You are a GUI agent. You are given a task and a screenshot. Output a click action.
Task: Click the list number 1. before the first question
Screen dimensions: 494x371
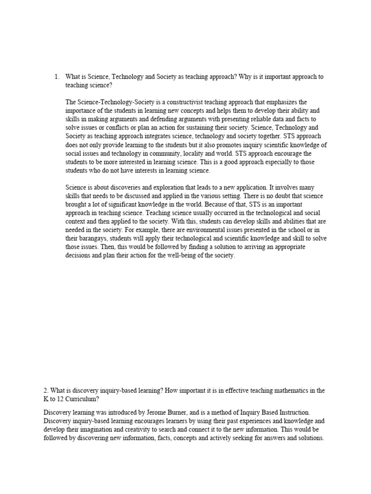[56, 77]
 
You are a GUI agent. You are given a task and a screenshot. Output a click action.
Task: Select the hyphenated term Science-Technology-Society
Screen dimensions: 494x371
[113, 102]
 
